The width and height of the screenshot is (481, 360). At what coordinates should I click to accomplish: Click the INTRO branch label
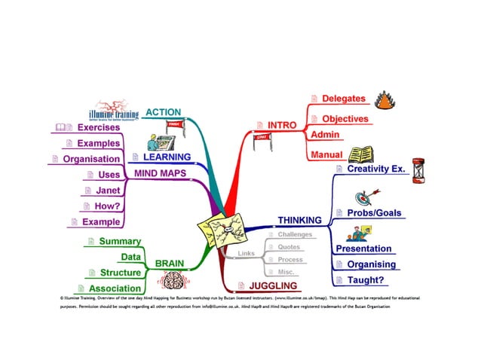click(283, 124)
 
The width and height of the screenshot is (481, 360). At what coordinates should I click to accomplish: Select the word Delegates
click(343, 99)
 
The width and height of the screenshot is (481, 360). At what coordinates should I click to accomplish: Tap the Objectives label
click(345, 119)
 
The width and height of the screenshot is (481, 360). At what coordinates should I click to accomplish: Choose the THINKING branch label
click(299, 220)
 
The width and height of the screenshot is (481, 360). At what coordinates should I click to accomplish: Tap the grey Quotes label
click(289, 247)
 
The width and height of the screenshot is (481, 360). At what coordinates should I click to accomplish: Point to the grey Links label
click(246, 253)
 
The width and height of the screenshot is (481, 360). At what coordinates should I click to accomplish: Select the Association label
click(114, 288)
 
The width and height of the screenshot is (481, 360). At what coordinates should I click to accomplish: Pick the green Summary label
click(120, 241)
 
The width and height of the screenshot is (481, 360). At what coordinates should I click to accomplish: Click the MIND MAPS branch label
click(160, 174)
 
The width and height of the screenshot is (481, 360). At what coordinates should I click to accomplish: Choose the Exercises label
click(99, 127)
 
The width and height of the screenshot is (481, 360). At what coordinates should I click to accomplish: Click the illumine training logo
click(122, 110)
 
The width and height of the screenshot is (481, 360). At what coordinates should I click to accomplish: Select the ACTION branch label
click(163, 112)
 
